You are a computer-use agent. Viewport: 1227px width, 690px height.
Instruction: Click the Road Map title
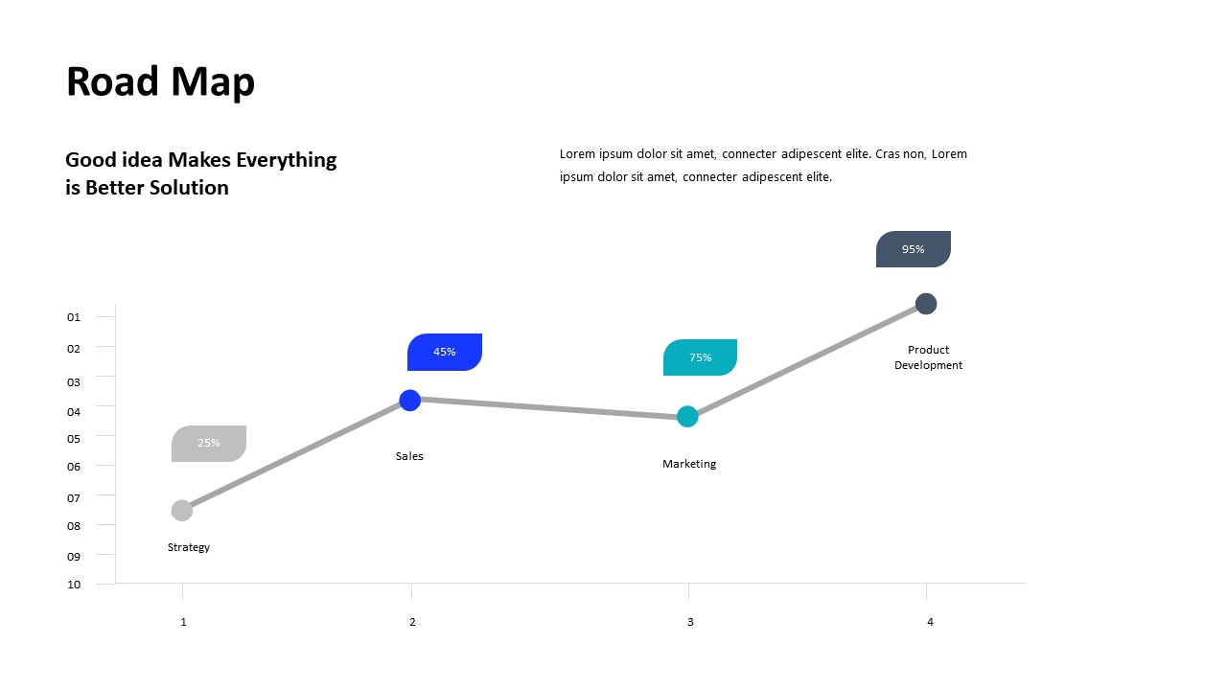[x=160, y=82]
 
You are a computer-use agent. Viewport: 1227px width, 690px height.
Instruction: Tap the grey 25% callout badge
[x=209, y=444]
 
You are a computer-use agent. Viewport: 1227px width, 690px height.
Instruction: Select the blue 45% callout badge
[x=444, y=352]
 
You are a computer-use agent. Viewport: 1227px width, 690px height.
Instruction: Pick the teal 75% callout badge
[x=700, y=357]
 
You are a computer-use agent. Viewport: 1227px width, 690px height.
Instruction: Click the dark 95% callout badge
[x=914, y=249]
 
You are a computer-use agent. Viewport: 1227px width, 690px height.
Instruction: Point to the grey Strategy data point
[x=182, y=511]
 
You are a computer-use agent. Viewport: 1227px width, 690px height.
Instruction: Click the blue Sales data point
[x=409, y=401]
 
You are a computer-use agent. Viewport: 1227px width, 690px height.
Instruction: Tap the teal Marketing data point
[x=687, y=417]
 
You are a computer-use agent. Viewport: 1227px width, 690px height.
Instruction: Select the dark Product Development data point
[x=926, y=304]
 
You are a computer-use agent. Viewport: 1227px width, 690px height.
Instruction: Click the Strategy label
[x=189, y=547]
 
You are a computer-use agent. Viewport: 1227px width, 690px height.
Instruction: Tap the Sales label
[x=409, y=456]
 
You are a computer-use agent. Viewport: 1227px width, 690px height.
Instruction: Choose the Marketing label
[x=689, y=464]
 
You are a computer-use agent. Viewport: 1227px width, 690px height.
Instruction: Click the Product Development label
[x=928, y=357]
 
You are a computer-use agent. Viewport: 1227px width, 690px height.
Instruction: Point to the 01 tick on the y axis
[x=74, y=317]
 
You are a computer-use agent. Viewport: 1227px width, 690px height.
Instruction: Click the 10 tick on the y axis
[x=74, y=585]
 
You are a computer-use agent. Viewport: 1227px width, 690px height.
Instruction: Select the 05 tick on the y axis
[x=74, y=439]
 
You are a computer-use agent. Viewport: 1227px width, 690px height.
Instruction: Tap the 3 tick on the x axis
[x=690, y=622]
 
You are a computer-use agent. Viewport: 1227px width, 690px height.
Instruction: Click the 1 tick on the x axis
[x=183, y=622]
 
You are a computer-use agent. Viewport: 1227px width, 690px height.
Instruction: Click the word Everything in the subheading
[x=286, y=161]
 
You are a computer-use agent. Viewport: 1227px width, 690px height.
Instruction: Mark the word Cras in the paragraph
[x=888, y=154]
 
